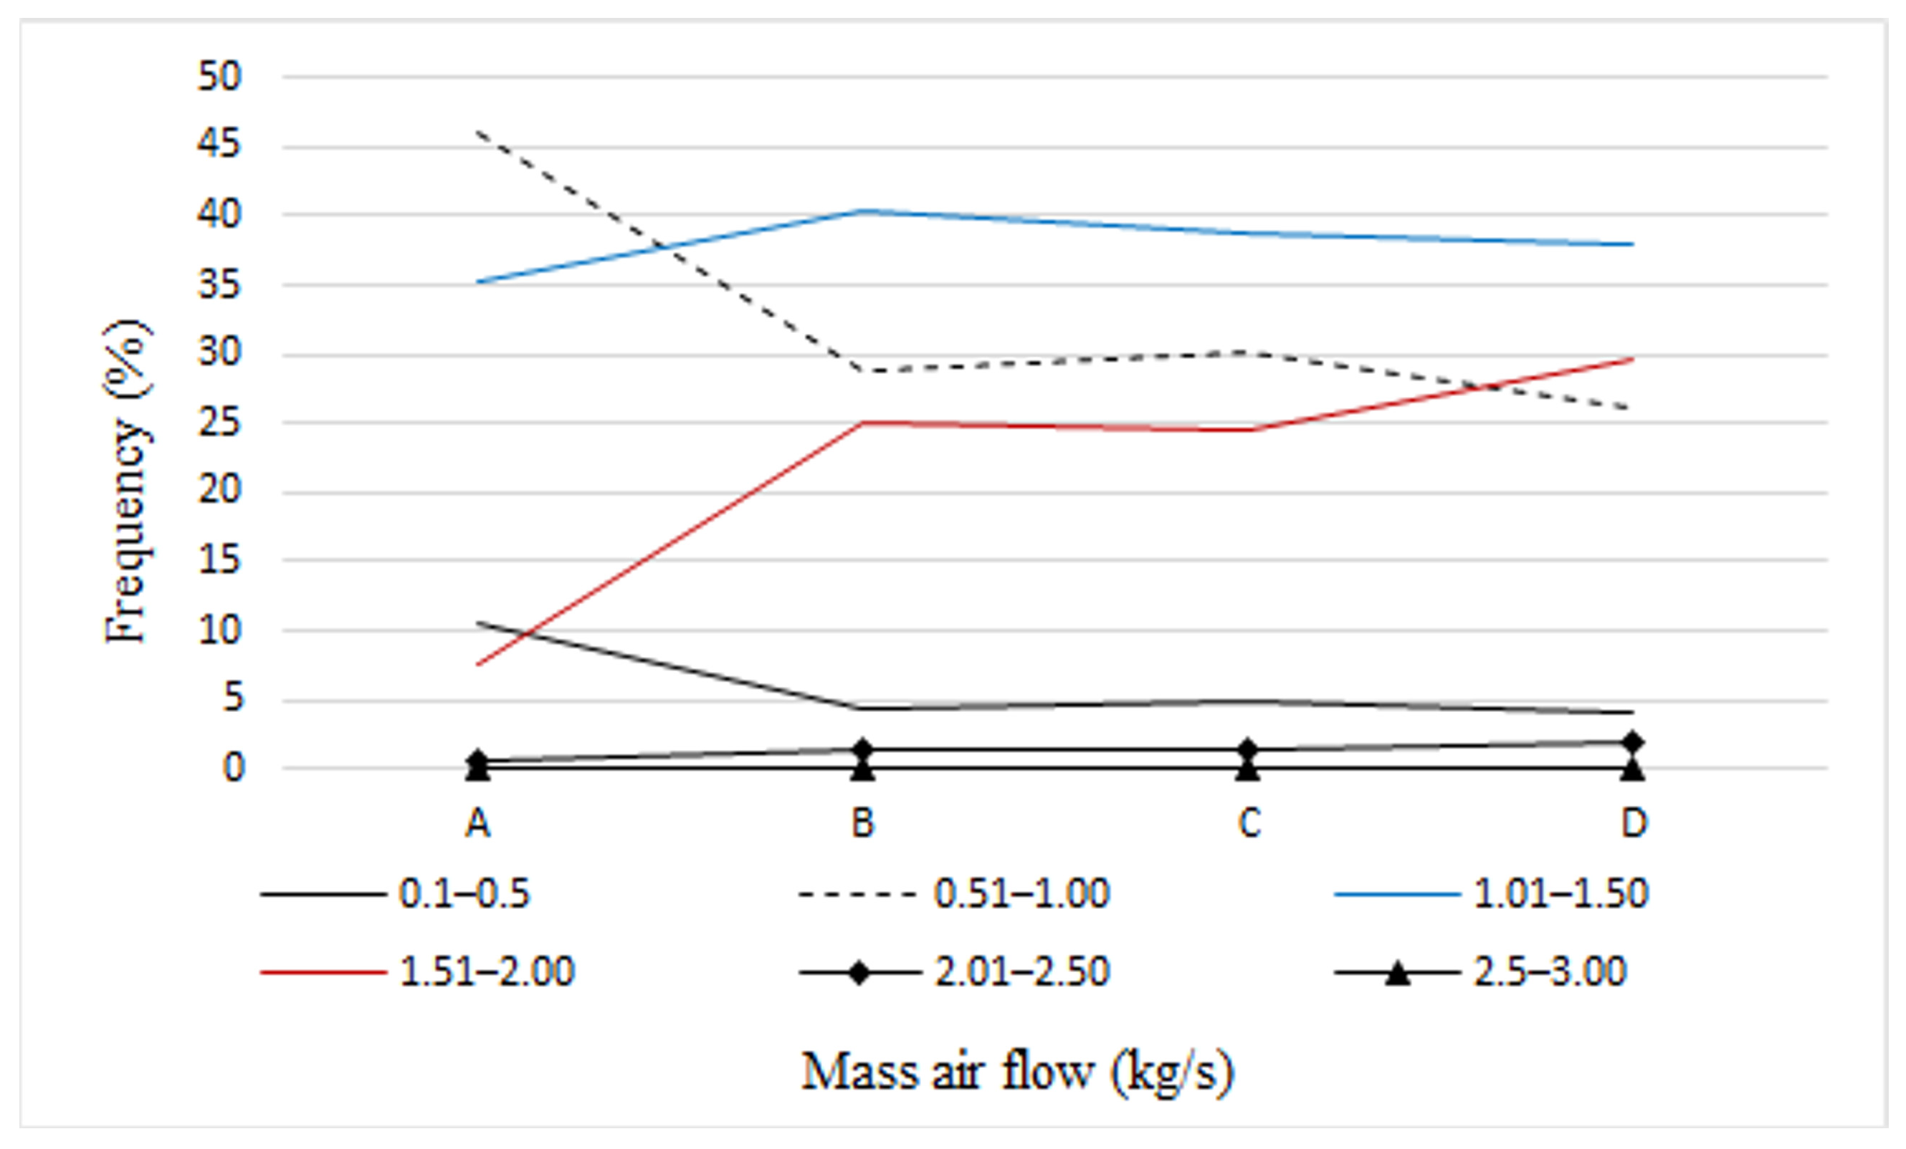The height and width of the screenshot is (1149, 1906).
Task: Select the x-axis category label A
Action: (478, 824)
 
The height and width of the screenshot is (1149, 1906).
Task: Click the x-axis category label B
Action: (862, 824)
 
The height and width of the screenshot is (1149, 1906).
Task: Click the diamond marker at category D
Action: (1633, 742)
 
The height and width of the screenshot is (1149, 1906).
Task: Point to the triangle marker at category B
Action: (862, 769)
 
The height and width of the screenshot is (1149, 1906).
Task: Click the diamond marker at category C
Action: (1247, 749)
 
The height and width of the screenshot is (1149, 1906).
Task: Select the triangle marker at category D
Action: (1633, 769)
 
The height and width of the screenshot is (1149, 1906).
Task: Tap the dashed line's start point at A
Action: (478, 133)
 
